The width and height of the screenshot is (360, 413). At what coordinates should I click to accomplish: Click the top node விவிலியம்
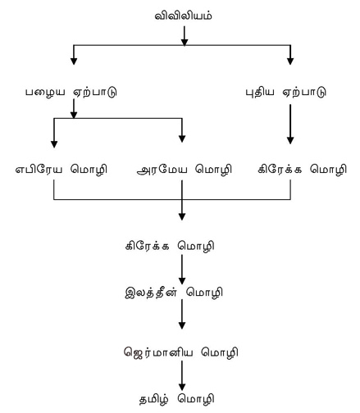coord(183,16)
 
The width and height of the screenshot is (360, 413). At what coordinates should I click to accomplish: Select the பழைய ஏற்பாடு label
coord(71,92)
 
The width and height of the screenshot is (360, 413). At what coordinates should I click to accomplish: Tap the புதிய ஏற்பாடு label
coord(285,92)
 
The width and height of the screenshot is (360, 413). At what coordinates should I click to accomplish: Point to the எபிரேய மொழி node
coord(62,170)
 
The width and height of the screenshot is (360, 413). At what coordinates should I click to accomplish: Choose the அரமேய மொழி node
coord(185,170)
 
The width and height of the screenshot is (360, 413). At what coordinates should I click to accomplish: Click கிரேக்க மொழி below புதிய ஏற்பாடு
coord(302,170)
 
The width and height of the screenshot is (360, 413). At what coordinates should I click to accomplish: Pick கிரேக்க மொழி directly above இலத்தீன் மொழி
coord(170,246)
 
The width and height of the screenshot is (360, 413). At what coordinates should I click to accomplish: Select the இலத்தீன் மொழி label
coord(174,293)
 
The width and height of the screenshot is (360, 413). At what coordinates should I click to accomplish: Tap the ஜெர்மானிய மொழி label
coord(180,352)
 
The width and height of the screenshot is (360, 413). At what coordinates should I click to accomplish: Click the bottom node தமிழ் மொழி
coord(176,399)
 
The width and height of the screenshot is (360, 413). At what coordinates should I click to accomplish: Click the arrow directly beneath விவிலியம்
coord(185,36)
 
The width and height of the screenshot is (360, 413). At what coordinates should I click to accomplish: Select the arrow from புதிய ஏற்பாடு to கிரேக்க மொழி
coord(290,125)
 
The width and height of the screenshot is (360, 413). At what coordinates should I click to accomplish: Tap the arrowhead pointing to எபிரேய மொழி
coord(54,144)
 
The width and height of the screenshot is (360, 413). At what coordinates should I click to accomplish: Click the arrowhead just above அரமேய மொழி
coord(182,138)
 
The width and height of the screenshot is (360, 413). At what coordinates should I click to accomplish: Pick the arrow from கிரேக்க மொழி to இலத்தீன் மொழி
coord(182,270)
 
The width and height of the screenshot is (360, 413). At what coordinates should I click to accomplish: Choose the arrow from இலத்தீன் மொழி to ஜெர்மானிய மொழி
coord(182,315)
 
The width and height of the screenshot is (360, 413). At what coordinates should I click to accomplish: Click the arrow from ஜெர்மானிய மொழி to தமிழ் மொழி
coord(182,376)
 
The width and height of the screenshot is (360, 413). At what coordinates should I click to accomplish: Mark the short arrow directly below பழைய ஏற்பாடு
coord(74,109)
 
